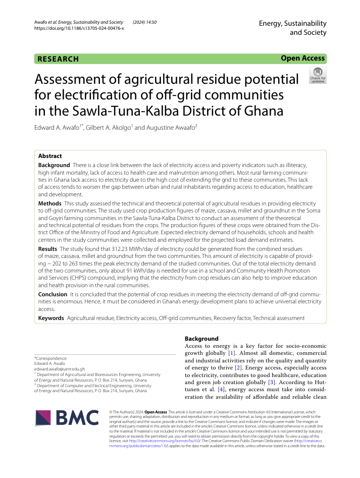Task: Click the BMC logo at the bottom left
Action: click(67, 417)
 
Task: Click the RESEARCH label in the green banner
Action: click(58, 59)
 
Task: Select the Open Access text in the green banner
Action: click(303, 59)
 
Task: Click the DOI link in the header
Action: click(78, 28)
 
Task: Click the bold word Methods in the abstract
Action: click(50, 203)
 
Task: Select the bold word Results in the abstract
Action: click(48, 249)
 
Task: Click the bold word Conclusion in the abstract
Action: click(53, 294)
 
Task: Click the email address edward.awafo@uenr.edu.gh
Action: click(59, 369)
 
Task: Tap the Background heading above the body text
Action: click(201, 338)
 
